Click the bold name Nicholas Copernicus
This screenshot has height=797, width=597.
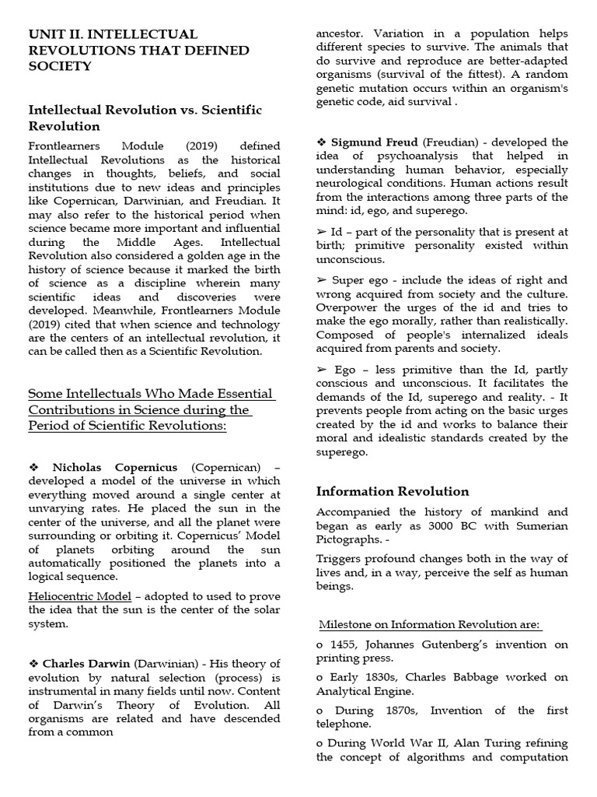[114, 467]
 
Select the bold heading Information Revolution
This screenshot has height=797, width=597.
[393, 491]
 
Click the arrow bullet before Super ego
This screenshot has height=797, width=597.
[322, 279]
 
